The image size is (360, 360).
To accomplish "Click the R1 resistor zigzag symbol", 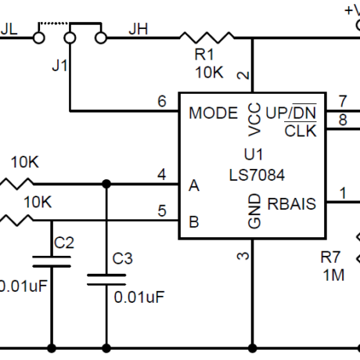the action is [207, 38].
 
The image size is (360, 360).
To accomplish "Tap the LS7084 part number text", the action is [257, 175].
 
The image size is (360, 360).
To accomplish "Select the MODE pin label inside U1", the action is [213, 113].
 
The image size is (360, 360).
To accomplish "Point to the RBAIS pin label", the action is [291, 203].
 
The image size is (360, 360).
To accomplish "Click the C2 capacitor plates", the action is [52, 261].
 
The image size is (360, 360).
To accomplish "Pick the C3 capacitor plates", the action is [106, 279].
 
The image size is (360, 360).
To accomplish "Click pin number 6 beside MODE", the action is [162, 101].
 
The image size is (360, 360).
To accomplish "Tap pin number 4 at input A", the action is [162, 175].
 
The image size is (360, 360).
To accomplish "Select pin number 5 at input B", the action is [162, 211].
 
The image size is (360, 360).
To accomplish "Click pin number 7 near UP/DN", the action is [343, 101].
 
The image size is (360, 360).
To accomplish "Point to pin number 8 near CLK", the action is [343, 120].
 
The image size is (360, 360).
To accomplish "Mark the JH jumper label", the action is [139, 29].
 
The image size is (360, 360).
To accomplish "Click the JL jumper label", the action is [9, 29].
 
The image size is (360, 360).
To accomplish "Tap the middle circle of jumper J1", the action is [70, 38].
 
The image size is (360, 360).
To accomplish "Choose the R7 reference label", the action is [330, 257].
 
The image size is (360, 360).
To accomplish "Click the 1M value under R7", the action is [333, 275].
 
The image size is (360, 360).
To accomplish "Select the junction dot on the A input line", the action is [106, 184].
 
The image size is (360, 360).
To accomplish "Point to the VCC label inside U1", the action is [254, 120].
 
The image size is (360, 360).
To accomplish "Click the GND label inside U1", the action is [254, 211].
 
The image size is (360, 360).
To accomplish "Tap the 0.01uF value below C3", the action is [139, 297].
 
